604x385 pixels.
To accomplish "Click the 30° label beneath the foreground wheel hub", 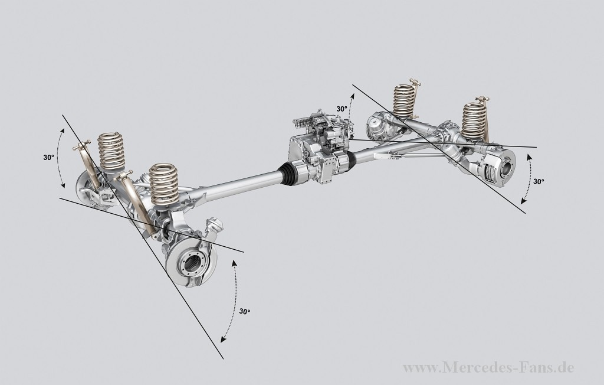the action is (245, 311).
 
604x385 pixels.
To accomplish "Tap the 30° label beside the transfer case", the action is (342, 109).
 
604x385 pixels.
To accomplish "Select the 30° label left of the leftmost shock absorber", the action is (48, 158).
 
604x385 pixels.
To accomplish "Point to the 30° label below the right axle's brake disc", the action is (539, 181).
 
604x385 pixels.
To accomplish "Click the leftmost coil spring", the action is (111, 152).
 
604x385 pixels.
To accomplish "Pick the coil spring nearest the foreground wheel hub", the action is (164, 184).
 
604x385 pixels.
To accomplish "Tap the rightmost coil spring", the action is (475, 121).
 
